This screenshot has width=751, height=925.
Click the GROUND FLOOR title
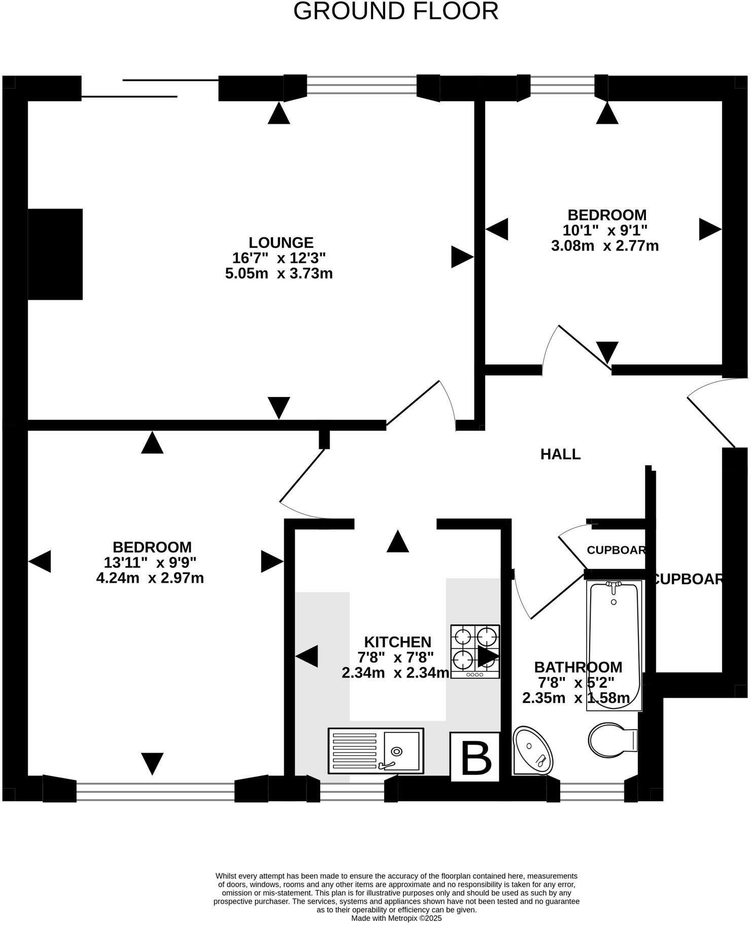pos(396,11)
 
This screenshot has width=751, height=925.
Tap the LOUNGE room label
pos(281,242)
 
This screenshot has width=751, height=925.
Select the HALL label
pos(560,454)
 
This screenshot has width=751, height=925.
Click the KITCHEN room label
pos(397,642)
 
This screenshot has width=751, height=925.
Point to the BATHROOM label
pos(578,667)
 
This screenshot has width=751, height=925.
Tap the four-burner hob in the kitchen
pos(475,651)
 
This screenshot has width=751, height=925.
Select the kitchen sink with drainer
pos(375,751)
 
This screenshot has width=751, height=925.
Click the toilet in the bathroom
pos(611,740)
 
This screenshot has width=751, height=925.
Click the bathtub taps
pos(614,587)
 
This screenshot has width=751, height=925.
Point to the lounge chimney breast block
pos(55,254)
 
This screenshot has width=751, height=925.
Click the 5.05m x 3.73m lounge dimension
pos(279,274)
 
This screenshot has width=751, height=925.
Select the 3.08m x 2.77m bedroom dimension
pos(605,246)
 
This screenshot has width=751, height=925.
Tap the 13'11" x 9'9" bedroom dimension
pos(150,562)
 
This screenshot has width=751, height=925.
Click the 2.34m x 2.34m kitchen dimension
pos(395,673)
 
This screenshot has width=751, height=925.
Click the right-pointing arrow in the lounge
pos(461,257)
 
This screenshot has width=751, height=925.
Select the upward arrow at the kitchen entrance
pos(397,541)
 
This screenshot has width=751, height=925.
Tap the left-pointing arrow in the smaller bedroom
pos(497,229)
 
